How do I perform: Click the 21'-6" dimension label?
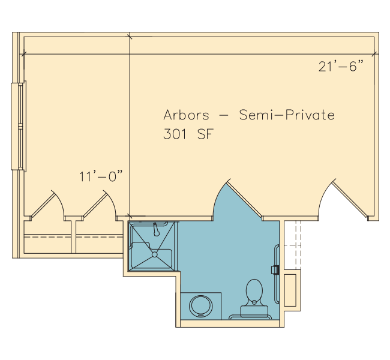click(341, 66)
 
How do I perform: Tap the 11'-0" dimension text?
click(101, 176)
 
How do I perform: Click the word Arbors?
click(186, 115)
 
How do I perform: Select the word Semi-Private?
click(287, 115)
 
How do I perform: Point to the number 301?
click(175, 134)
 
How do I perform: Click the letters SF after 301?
click(205, 134)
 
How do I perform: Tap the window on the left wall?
click(19, 127)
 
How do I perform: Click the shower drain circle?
click(154, 254)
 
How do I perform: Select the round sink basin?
click(201, 306)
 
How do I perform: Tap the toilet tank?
click(254, 311)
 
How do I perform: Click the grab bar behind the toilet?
click(250, 316)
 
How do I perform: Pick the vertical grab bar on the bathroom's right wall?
click(276, 274)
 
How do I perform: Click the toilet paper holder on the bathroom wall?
click(275, 269)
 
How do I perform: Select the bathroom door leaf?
click(244, 199)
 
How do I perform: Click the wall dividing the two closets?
click(73, 237)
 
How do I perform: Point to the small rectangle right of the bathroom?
click(290, 290)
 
